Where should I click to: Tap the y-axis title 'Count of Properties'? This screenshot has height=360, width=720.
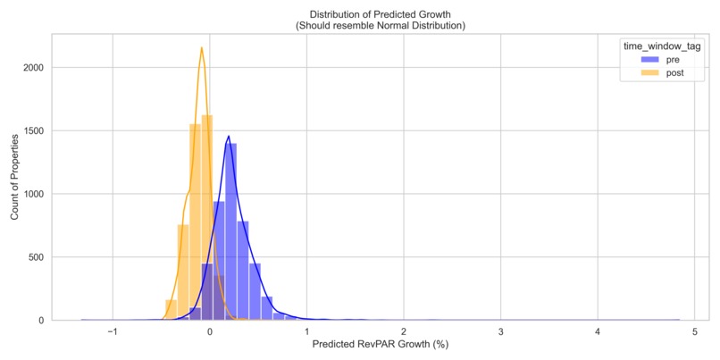[x=14, y=177]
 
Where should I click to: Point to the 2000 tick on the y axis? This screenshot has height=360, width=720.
[x=36, y=67]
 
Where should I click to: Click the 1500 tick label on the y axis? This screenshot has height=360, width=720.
[x=36, y=130]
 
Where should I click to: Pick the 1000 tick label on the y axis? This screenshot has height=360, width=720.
[x=36, y=194]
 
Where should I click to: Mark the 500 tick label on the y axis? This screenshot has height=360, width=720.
[x=38, y=257]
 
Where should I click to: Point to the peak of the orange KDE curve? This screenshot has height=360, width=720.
[x=202, y=48]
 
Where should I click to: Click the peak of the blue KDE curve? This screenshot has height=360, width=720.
[x=229, y=137]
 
